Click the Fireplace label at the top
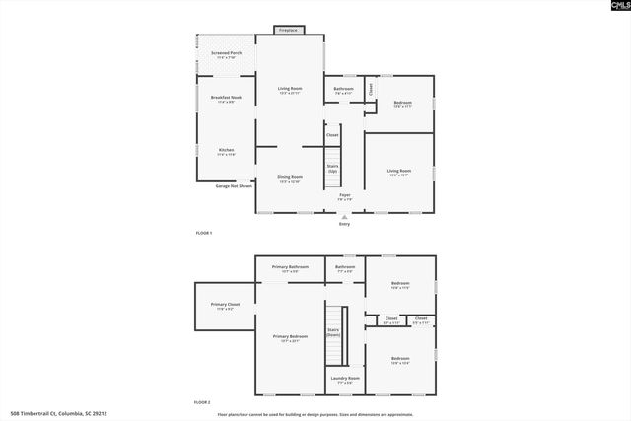289,31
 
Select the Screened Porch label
227,54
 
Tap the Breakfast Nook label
227,98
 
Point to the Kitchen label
227,150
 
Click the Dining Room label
289,177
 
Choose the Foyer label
345,195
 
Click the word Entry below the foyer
345,224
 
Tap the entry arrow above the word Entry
345,216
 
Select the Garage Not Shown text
235,185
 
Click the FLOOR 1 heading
204,232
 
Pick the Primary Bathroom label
291,267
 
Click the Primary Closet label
226,305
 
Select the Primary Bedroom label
291,337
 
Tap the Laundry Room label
345,378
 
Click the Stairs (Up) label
333,168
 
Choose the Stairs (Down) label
333,333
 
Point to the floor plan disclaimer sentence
315,415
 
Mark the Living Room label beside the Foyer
399,172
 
